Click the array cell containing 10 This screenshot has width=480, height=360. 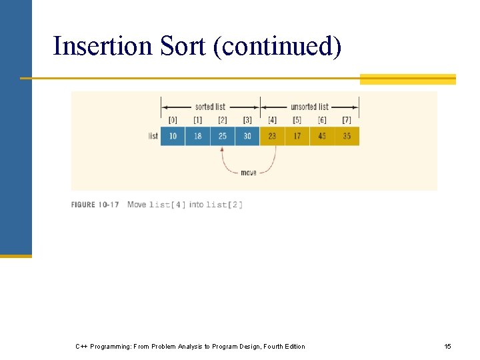click(173, 136)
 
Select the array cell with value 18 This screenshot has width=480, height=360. click(197, 136)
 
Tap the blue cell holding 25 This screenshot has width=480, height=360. click(222, 136)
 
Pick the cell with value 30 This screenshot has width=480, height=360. click(247, 136)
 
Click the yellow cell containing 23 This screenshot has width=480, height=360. click(272, 136)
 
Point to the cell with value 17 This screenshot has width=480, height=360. click(297, 136)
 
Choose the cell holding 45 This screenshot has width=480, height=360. click(322, 136)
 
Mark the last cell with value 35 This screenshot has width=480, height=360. click(347, 136)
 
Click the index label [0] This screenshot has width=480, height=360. click(173, 120)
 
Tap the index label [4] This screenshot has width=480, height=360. click(272, 120)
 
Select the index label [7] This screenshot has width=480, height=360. click(347, 120)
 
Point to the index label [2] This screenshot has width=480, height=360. click(222, 120)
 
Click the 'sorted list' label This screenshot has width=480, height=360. click(210, 107)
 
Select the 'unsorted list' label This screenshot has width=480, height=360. click(309, 107)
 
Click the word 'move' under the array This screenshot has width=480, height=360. click(248, 173)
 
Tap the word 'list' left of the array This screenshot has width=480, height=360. click(153, 136)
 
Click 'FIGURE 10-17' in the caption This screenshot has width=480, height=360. click(95, 205)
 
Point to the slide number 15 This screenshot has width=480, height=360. click(447, 347)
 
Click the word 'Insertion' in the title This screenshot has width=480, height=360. click(103, 47)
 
